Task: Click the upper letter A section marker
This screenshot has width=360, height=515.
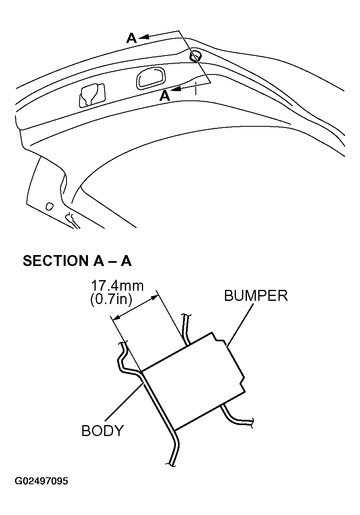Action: coord(132,38)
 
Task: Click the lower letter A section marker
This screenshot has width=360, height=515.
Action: coord(165,96)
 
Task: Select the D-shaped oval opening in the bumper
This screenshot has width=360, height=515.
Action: coord(151,78)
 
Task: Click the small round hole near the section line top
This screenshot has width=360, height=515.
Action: coord(196,56)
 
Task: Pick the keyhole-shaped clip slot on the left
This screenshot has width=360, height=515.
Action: coord(92,95)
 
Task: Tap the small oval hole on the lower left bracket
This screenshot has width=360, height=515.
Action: coord(49,206)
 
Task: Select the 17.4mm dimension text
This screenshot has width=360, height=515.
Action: coord(118,286)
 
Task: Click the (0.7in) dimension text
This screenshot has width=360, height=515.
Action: coord(111,299)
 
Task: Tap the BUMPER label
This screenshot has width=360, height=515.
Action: coord(256,296)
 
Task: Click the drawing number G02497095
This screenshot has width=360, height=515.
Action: coord(41,481)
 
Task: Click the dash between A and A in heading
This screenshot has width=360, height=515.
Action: coord(112,262)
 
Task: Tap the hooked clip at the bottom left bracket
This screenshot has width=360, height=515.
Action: coord(72,221)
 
